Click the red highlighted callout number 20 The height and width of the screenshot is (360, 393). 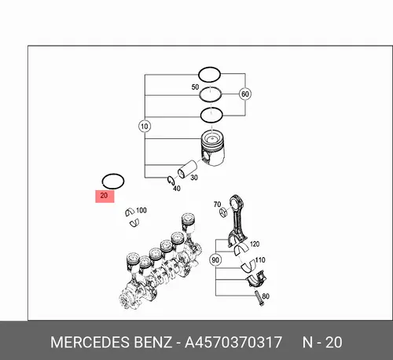pyautogui.click(x=105, y=196)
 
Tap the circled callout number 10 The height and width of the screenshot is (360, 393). pyautogui.click(x=145, y=127)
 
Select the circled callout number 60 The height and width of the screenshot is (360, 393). pyautogui.click(x=245, y=94)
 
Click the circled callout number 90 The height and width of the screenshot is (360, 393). pyautogui.click(x=215, y=260)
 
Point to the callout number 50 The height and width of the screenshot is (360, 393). pyautogui.click(x=195, y=86)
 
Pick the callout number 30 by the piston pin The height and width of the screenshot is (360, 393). pyautogui.click(x=194, y=178)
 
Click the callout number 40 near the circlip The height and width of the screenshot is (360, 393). pyautogui.click(x=177, y=188)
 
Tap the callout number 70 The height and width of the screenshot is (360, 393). pyautogui.click(x=217, y=204)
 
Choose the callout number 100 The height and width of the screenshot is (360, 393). pyautogui.click(x=141, y=210)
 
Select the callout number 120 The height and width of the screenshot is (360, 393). pyautogui.click(x=255, y=244)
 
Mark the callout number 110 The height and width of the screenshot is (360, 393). pyautogui.click(x=260, y=260)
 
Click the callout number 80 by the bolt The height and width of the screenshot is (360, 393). pyautogui.click(x=266, y=296)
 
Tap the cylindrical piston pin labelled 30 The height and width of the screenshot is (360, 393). pyautogui.click(x=187, y=169)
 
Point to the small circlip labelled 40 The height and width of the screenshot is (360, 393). pyautogui.click(x=171, y=180)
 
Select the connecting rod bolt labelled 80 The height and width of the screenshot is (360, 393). pyautogui.click(x=259, y=299)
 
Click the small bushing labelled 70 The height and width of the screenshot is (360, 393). pyautogui.click(x=224, y=211)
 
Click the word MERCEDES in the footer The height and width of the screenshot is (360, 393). pyautogui.click(x=90, y=342)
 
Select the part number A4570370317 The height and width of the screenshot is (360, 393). pyautogui.click(x=233, y=342)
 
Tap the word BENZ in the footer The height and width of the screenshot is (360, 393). pyautogui.click(x=152, y=342)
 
